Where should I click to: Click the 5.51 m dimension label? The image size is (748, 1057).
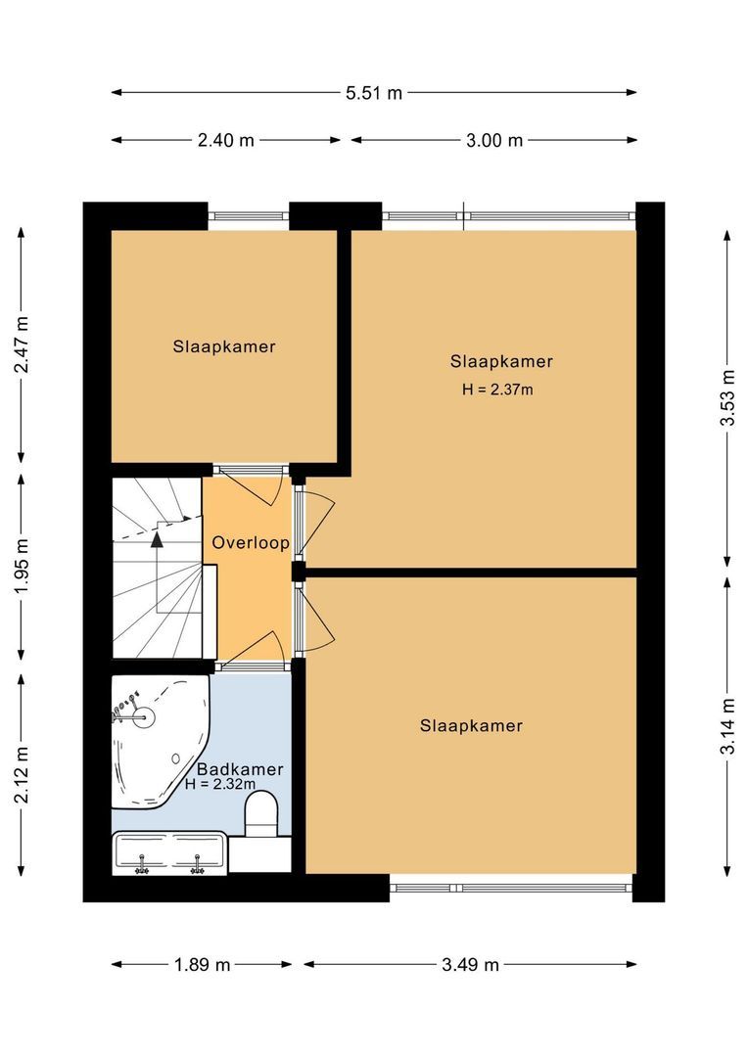coord(374,93)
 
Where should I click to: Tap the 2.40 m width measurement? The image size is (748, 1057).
coord(226,140)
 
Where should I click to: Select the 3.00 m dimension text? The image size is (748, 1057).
coord(494,140)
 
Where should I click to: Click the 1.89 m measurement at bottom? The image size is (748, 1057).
coord(203,965)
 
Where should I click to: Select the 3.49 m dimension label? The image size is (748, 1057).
coord(471,965)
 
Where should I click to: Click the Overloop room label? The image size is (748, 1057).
coord(251,543)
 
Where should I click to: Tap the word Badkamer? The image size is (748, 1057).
coord(240,769)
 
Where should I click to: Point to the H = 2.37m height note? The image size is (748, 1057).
coord(497,389)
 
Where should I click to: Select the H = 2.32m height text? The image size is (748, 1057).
coord(220,784)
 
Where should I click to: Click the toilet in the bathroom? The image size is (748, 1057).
coord(261,815)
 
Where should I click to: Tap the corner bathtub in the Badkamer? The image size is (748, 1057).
coord(157,739)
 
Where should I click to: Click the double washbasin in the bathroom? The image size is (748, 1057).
coord(170,852)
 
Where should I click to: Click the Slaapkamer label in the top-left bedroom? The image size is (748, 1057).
coord(224,346)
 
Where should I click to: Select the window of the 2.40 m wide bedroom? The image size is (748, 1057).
coord(249,215)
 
